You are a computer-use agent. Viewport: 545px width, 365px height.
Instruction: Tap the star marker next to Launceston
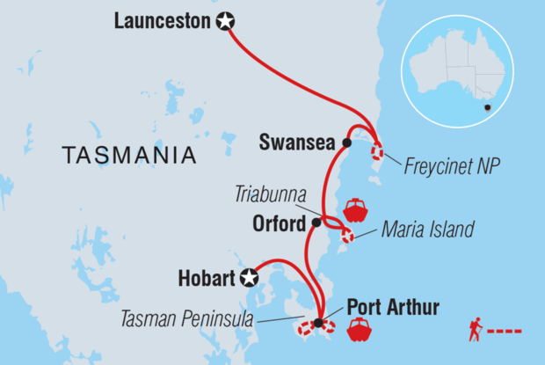point(225,22)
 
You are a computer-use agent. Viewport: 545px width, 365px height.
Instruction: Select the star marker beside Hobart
point(251,278)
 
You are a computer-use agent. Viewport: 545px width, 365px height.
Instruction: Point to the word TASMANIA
point(128,157)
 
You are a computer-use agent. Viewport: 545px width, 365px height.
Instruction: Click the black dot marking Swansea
point(347,142)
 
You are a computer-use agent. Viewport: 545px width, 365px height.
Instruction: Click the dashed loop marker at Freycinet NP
point(377,150)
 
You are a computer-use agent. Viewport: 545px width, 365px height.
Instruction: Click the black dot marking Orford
point(316,223)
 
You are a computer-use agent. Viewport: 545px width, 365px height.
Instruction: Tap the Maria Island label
point(428,230)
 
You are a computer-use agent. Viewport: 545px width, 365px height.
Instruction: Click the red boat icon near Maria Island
point(355,209)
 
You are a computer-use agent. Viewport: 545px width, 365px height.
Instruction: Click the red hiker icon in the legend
point(475,331)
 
